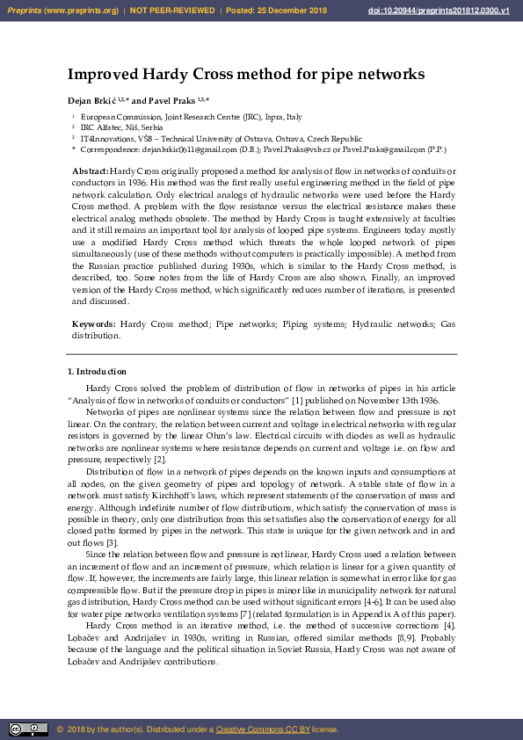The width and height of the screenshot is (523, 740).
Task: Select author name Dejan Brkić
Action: click(93, 101)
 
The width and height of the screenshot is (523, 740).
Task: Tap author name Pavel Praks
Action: click(174, 101)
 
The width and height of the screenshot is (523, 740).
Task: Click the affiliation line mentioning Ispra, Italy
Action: click(191, 116)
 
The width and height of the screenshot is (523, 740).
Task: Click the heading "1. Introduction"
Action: click(97, 372)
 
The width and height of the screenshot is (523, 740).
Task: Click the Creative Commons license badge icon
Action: click(28, 729)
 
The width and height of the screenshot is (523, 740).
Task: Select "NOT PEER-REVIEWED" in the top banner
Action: click(172, 10)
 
